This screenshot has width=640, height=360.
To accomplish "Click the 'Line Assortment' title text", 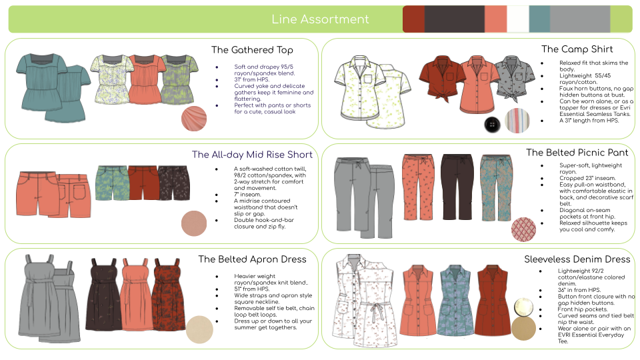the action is point(320,19).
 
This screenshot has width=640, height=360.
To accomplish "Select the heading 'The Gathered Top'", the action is point(252,50).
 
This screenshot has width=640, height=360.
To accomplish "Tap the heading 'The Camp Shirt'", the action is point(577,49).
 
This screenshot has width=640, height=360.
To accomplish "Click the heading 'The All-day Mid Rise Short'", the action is point(252,155).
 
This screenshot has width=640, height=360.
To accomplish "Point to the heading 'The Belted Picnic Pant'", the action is point(577,153).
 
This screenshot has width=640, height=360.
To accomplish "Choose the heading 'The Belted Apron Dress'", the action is point(252,259).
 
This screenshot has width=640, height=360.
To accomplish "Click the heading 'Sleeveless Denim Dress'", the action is point(577,259).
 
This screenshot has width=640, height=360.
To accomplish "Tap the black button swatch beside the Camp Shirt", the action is point(493,125).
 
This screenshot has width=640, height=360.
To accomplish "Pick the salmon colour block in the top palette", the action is point(495,19).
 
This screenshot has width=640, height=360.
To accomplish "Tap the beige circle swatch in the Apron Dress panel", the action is point(199,329).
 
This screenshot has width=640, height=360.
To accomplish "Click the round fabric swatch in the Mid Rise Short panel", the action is point(195,223).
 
